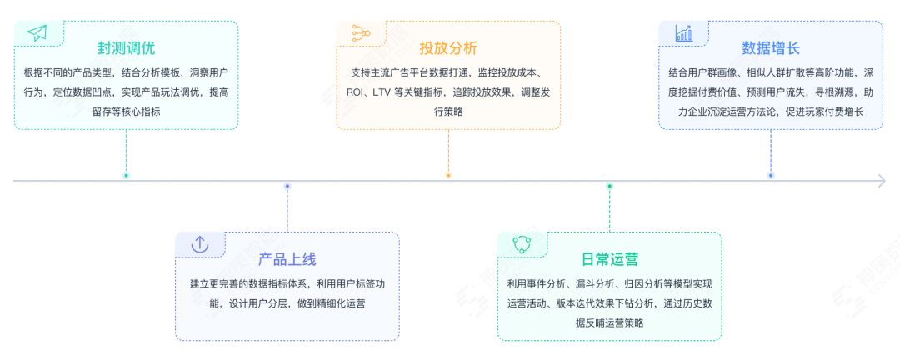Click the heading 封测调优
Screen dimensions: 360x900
126,47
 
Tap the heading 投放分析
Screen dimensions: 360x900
448,47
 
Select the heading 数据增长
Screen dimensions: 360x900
771,47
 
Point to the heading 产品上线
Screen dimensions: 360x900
287,259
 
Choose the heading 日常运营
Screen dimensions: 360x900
609,259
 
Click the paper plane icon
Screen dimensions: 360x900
37,33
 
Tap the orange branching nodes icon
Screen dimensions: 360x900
360,33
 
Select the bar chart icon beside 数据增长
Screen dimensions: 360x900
683,33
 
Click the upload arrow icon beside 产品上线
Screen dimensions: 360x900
199,244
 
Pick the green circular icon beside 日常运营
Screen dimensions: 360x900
522,244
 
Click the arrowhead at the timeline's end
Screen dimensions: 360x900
881,181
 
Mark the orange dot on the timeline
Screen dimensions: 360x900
448,175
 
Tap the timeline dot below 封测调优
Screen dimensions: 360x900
126,175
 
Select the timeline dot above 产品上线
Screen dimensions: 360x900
287,186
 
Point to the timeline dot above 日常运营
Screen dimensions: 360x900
609,186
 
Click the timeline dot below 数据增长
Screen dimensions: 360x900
771,175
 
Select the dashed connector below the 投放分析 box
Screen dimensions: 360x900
448,151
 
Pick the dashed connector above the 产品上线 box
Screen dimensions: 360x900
287,209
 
